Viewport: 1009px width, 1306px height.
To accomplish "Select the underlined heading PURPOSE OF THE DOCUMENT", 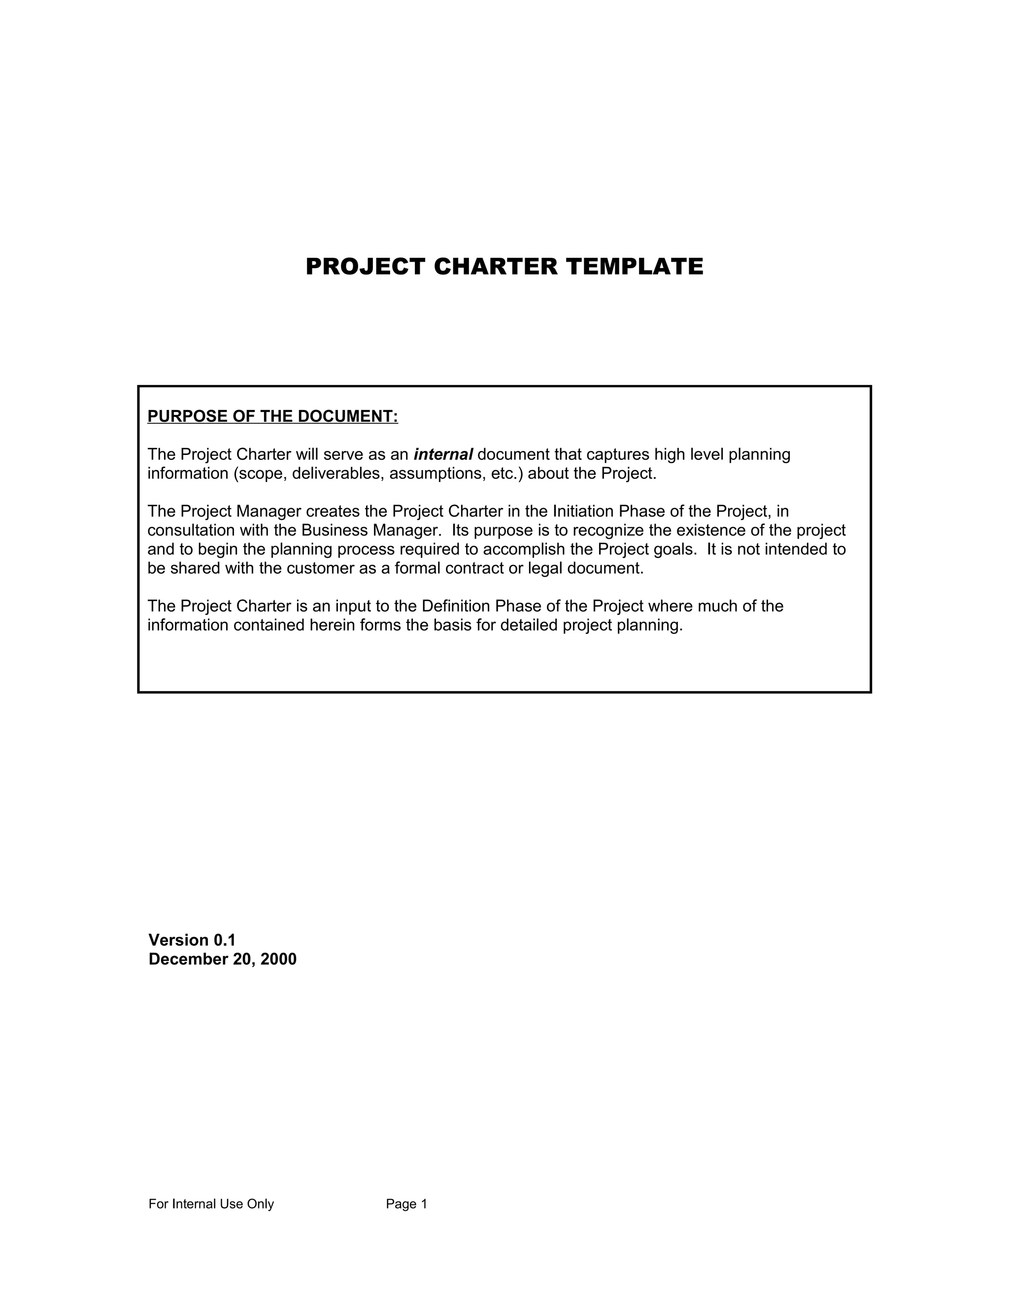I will (272, 416).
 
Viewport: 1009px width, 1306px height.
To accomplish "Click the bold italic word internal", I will (443, 454).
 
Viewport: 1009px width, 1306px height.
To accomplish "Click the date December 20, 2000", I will (222, 959).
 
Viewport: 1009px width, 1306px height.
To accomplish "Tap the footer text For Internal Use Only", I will (211, 1204).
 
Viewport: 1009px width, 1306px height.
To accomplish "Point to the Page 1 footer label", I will (406, 1204).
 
